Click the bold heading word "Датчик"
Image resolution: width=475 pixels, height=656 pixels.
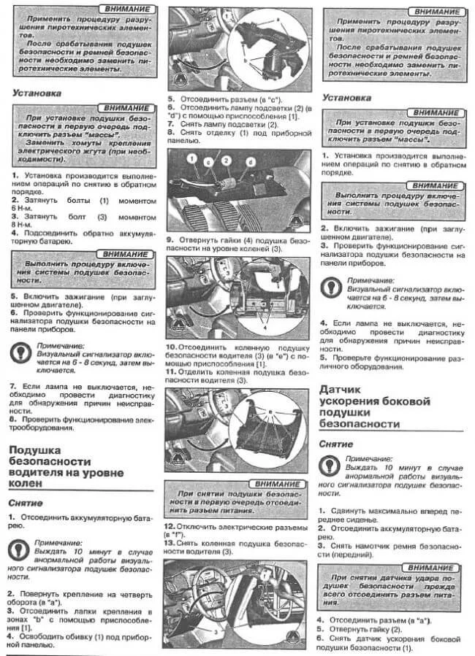346,390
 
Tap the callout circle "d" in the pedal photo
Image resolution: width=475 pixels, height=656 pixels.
251,161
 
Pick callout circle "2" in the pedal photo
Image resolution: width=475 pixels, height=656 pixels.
226,160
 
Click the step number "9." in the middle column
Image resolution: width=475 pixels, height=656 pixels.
170,239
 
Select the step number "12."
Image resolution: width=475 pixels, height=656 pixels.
170,525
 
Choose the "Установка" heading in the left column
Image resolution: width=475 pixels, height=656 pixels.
37,93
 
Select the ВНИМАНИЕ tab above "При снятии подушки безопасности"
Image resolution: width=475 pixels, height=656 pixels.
277,484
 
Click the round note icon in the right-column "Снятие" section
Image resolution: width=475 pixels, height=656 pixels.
329,466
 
